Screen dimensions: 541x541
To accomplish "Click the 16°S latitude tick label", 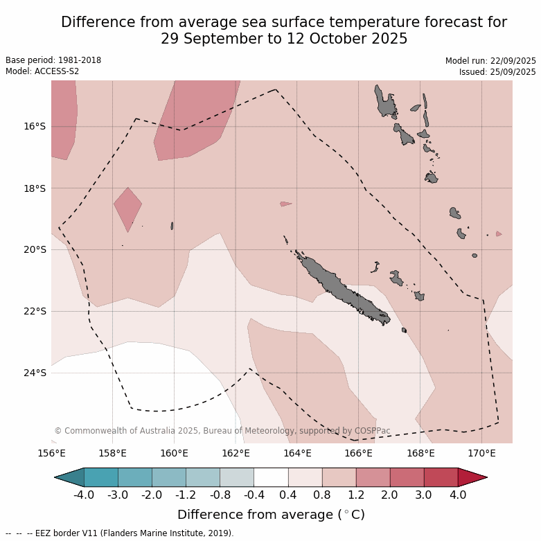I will point(35,126).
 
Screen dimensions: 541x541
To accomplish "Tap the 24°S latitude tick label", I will point(35,373).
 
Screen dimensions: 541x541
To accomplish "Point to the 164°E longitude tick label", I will point(297,454).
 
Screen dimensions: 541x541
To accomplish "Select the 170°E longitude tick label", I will point(481,454).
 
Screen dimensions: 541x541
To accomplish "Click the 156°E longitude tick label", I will point(51,454).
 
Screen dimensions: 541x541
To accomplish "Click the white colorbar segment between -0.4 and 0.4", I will point(271,477).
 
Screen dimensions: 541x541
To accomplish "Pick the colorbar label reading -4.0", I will point(84,495).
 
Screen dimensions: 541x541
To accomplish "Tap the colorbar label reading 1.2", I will point(356,495).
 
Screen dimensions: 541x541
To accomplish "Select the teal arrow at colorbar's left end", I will point(69,477).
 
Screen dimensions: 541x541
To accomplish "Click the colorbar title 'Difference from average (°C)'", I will point(271,515).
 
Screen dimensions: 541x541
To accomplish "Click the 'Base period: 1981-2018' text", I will point(53,60).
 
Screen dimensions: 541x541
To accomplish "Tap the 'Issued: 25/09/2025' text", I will point(497,72).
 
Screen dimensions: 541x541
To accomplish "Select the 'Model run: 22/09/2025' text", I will point(490,61).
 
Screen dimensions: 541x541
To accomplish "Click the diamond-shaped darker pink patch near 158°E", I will point(127,207).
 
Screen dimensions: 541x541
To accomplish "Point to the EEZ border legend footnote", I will point(119,533).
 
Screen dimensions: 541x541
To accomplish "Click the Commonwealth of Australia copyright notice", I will point(222,431).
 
